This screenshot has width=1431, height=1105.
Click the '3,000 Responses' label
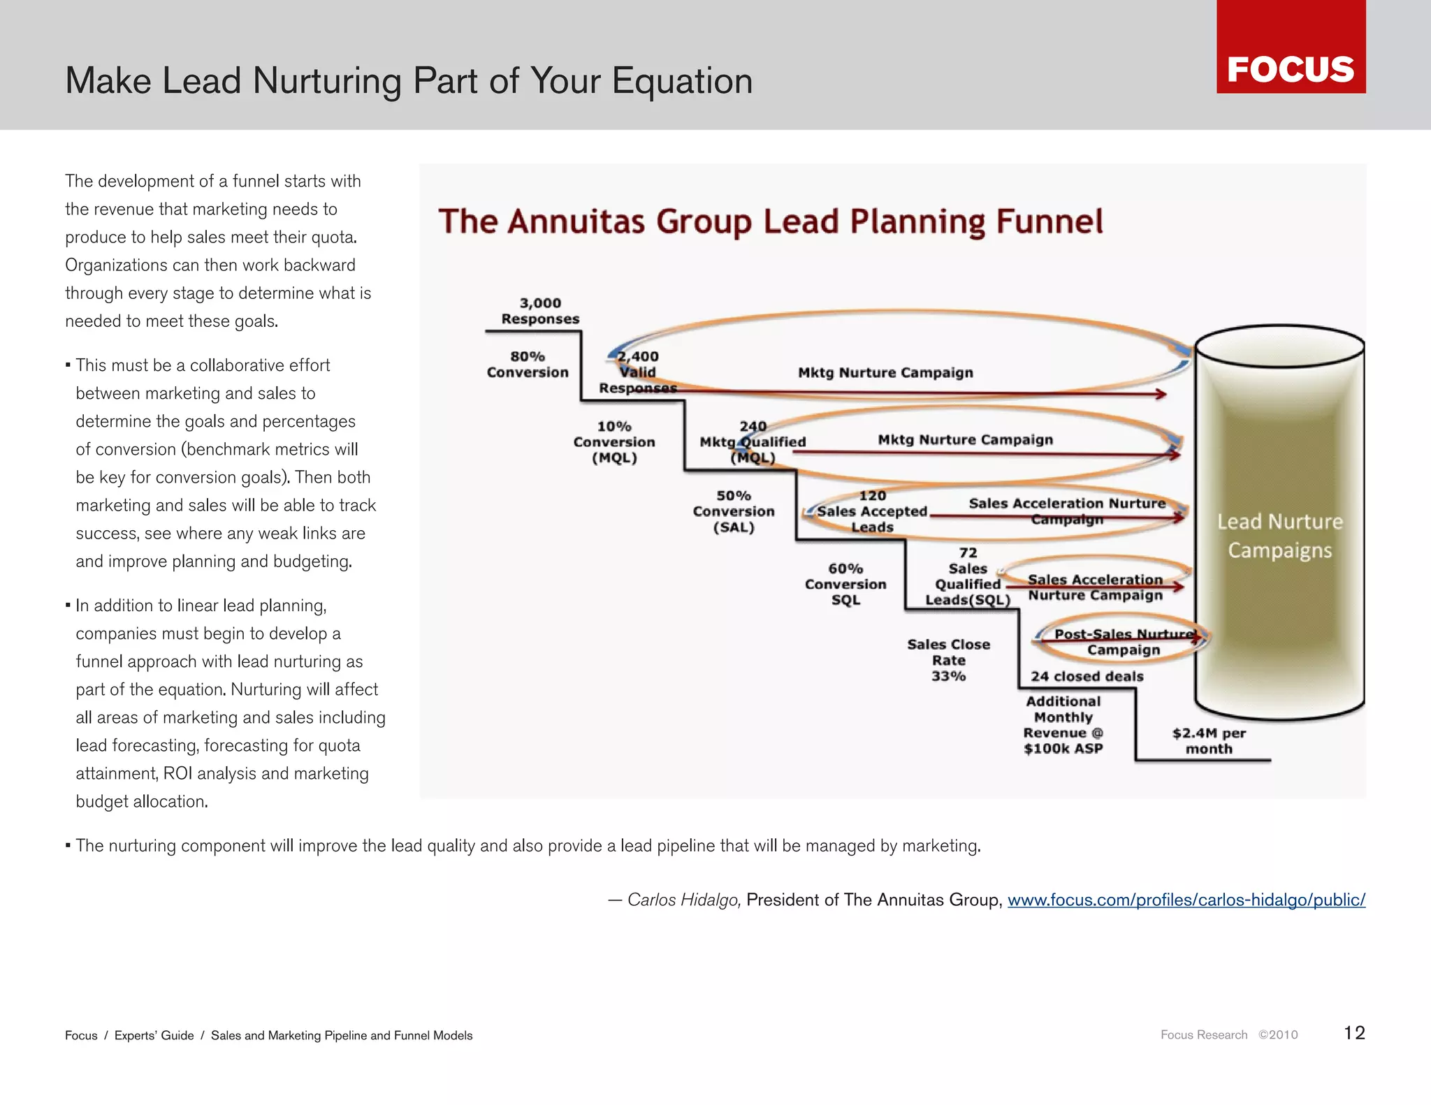tap(540, 311)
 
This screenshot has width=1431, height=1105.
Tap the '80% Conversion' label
tap(528, 365)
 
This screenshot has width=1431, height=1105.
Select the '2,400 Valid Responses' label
tap(637, 372)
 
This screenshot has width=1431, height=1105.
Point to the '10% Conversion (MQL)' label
tap(614, 442)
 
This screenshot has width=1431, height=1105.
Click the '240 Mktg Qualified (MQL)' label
tap(753, 442)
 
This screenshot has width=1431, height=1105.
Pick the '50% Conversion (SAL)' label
tap(734, 511)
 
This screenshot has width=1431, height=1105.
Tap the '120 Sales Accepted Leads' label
tap(872, 511)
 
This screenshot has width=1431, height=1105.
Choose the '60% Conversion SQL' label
tap(845, 584)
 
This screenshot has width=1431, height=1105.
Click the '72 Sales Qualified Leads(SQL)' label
tap(968, 577)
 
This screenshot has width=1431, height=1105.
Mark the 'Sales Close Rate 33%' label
tap(948, 660)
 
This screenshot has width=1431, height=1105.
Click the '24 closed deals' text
tap(1087, 676)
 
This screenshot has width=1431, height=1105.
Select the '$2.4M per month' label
tap(1209, 741)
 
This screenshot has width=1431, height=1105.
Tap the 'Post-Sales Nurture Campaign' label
tap(1123, 642)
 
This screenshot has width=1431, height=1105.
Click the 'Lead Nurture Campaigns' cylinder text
tap(1279, 536)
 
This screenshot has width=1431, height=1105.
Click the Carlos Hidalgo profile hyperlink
tap(1186, 900)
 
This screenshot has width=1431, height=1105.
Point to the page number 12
tap(1354, 1033)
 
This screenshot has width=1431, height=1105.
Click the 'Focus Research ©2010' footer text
tap(1228, 1035)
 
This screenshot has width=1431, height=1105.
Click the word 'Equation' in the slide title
tap(682, 81)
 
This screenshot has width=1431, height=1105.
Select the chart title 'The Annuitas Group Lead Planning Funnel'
tap(770, 222)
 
